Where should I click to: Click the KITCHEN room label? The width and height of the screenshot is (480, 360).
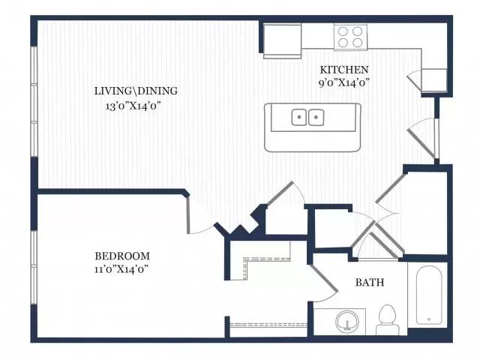[344, 70]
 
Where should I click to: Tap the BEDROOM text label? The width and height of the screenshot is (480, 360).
[122, 256]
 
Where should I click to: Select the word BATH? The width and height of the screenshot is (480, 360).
[370, 282]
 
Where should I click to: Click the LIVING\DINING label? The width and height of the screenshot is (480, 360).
[136, 91]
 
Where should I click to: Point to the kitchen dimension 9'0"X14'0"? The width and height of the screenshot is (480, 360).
[343, 82]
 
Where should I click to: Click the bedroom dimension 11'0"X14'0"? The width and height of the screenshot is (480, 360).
[121, 269]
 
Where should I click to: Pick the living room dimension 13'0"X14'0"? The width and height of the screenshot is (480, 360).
[133, 106]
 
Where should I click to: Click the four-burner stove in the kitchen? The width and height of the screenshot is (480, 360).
[350, 37]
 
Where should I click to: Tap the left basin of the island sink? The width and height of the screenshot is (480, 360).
[299, 117]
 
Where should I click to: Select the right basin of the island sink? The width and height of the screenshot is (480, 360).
[316, 117]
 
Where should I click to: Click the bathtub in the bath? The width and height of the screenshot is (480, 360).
[429, 295]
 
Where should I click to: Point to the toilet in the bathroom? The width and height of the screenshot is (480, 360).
[388, 320]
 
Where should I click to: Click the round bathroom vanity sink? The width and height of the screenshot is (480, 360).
[347, 322]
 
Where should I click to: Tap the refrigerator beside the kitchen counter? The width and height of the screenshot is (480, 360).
[282, 41]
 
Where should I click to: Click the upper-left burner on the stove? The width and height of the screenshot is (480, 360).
[343, 31]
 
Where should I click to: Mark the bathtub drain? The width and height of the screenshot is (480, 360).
[429, 319]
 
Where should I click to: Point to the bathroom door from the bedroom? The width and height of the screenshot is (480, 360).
[325, 278]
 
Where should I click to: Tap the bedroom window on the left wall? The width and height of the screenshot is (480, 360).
[34, 267]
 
